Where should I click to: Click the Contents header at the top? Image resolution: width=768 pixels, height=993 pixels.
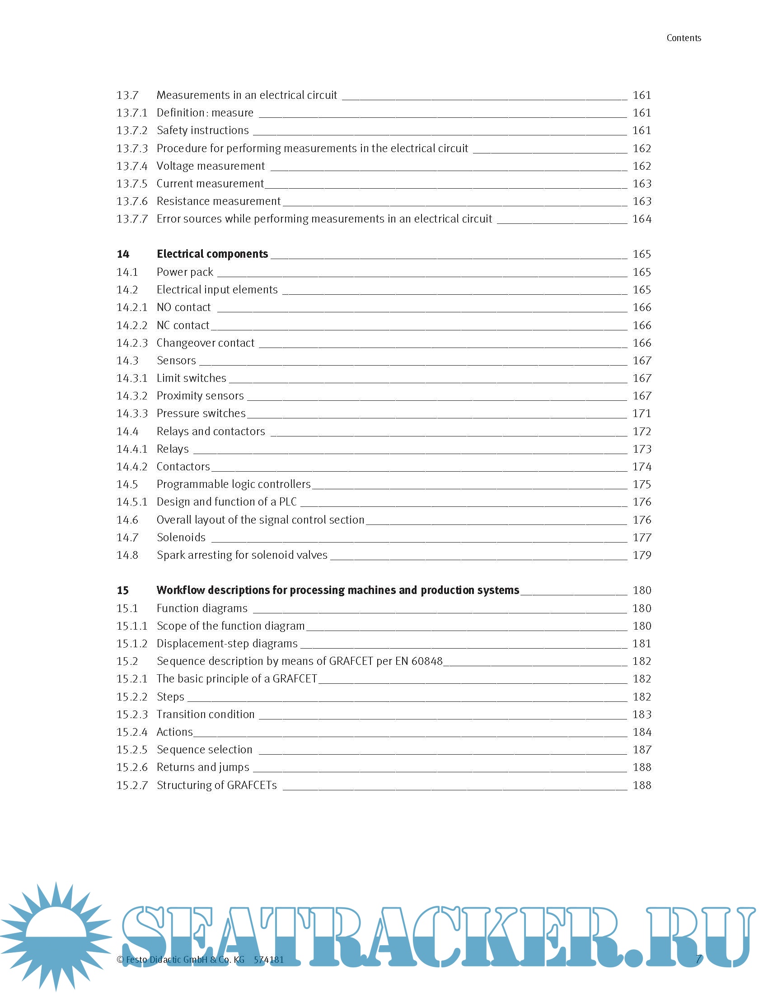684,38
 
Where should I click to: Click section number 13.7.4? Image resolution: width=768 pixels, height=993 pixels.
132,166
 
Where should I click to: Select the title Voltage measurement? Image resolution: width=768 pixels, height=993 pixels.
211,166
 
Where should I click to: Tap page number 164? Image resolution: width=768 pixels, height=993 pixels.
642,219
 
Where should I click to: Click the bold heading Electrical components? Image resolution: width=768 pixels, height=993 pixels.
212,254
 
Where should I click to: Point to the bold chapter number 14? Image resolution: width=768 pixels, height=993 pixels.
123,254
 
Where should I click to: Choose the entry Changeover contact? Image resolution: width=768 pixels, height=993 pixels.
206,343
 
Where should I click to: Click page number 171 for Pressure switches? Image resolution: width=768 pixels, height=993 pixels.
642,413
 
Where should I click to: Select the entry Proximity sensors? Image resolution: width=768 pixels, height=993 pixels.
200,396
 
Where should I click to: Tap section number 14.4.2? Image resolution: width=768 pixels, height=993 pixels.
132,467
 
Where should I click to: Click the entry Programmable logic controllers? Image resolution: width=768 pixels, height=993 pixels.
234,484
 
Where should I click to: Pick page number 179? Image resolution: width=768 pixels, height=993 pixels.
642,555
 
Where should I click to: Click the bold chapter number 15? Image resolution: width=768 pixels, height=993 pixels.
123,590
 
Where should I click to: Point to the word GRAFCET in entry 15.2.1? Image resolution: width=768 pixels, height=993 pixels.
295,679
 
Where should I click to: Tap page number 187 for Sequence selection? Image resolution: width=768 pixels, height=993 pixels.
642,750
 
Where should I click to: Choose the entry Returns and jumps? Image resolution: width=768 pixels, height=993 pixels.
203,767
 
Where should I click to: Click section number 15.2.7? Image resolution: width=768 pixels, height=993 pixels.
132,785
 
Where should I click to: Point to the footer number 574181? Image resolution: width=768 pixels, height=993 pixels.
269,960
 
